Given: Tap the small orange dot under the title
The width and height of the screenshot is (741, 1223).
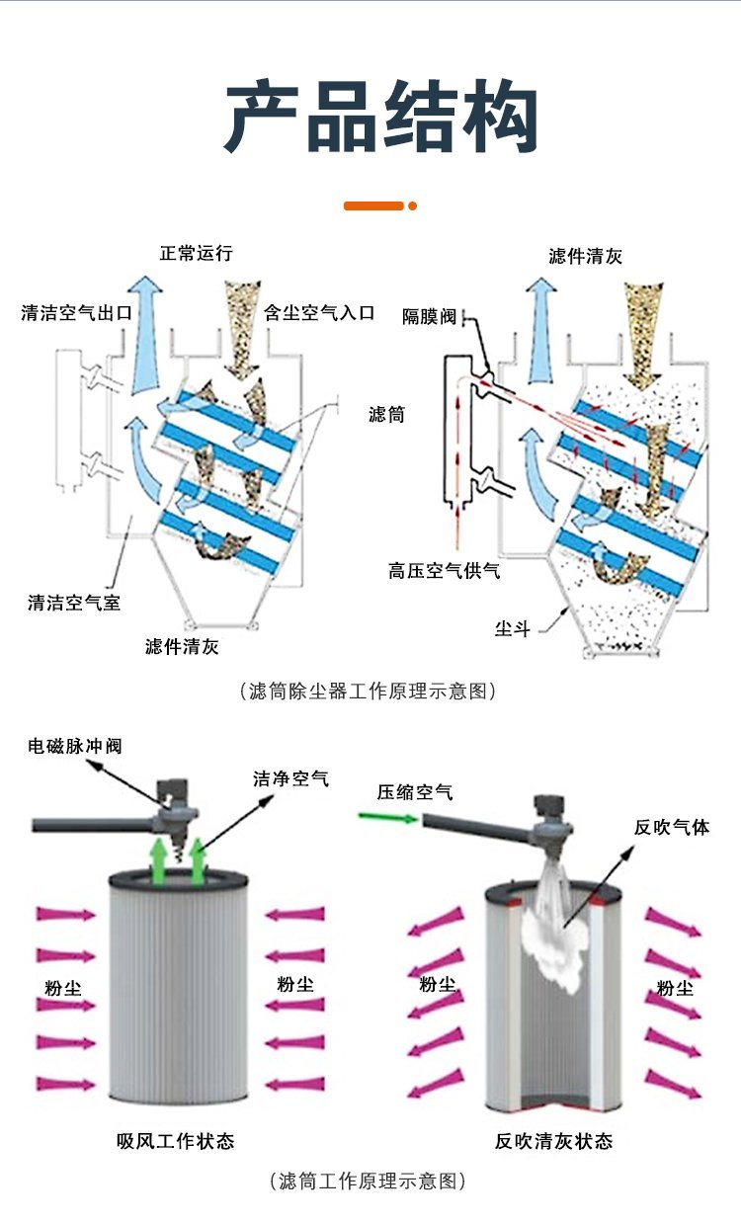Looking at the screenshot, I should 413,205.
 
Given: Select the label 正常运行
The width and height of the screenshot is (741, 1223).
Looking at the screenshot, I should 197,254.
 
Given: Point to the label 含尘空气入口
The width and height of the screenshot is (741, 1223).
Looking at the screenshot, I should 319,313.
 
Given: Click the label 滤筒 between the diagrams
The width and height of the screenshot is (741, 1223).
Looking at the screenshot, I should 386,415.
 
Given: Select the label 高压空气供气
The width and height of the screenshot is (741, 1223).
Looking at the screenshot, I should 444,571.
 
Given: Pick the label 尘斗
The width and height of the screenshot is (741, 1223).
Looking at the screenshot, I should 512,628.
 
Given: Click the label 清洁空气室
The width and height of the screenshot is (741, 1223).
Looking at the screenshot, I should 74,602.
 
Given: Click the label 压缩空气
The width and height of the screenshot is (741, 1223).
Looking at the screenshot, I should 415,791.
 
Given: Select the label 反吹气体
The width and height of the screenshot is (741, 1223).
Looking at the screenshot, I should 672,827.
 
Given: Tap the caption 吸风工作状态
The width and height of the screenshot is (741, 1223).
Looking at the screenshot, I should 176,1141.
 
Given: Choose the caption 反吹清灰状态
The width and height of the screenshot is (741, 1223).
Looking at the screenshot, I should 553,1141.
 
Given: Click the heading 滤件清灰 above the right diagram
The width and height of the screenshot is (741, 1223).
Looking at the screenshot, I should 586,257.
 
